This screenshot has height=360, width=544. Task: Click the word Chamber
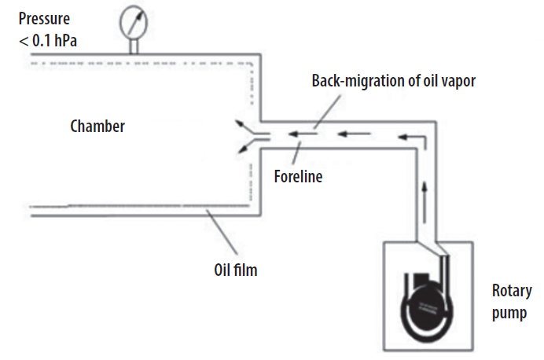tap(97, 127)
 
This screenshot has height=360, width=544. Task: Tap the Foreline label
tap(299, 177)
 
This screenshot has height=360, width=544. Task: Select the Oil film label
tap(236, 270)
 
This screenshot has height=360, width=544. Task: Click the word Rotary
tap(512, 292)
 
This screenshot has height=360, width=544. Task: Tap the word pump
tap(509, 313)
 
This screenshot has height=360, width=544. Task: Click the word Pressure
tap(44, 19)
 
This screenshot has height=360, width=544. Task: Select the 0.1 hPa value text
tap(54, 41)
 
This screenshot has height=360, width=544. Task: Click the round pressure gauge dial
tap(134, 22)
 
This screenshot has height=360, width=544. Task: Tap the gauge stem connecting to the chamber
tap(134, 46)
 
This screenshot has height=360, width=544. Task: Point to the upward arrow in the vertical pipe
tap(424, 203)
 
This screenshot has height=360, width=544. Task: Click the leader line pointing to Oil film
tap(222, 232)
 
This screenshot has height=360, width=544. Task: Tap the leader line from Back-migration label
tap(328, 112)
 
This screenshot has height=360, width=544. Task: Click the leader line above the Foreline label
tap(296, 153)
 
